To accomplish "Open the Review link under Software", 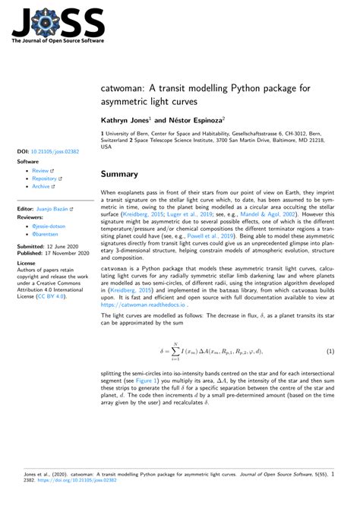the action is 42,171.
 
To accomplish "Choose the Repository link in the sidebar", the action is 47,179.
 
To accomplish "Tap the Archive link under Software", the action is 43,186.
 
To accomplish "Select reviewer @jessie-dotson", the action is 50,227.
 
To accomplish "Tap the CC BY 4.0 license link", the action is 54,296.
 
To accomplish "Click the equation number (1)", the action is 331,352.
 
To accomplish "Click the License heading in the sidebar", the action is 27,266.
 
